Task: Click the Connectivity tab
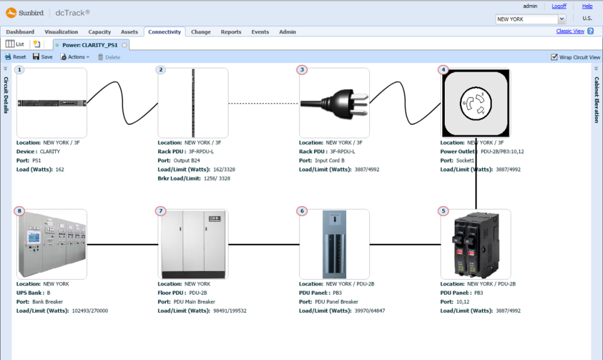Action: (x=165, y=32)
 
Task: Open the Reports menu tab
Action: (x=231, y=32)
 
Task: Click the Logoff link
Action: (x=559, y=6)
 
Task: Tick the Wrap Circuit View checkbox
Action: (x=554, y=57)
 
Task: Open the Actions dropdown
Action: (x=75, y=57)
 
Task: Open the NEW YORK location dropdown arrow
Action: (x=562, y=19)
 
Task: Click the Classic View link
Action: (x=570, y=31)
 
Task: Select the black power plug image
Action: (x=334, y=103)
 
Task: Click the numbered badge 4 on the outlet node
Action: (x=444, y=70)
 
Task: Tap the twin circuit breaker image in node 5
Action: (x=475, y=244)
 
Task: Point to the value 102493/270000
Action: (x=90, y=310)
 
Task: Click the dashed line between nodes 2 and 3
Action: (x=263, y=103)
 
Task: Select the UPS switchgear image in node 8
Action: (x=52, y=244)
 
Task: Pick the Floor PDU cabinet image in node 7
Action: (x=193, y=244)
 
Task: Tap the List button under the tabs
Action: (x=15, y=45)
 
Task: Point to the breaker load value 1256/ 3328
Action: (x=215, y=178)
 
